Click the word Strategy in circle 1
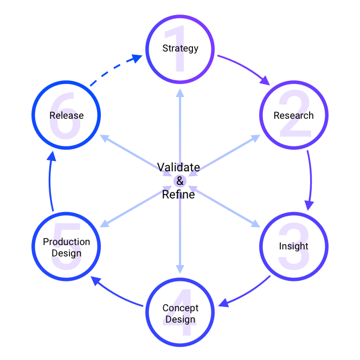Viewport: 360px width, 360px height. click(180, 48)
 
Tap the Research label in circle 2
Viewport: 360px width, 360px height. click(293, 115)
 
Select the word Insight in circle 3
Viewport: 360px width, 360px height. click(293, 246)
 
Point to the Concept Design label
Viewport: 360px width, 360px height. click(180, 313)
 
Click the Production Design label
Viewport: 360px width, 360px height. click(67, 247)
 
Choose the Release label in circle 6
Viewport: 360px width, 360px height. click(67, 115)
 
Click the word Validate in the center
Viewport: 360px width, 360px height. click(178, 167)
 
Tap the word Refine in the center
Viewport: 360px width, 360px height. click(178, 194)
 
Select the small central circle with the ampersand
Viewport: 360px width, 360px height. click(180, 181)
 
